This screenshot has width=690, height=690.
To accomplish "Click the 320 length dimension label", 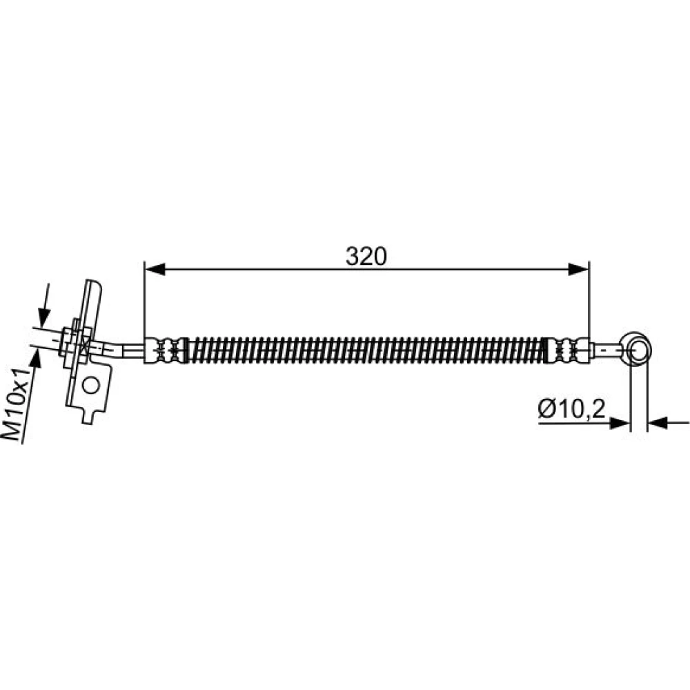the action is click(x=366, y=257).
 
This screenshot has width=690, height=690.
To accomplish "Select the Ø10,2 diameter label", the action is click(x=571, y=409).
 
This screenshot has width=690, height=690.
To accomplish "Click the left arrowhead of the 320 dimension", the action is click(x=155, y=269).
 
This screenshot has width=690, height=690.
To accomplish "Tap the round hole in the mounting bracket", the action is click(x=90, y=386).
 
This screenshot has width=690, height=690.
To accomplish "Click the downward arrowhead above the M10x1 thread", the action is click(x=44, y=317).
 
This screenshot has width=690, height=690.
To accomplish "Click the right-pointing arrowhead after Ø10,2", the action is click(x=620, y=424).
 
